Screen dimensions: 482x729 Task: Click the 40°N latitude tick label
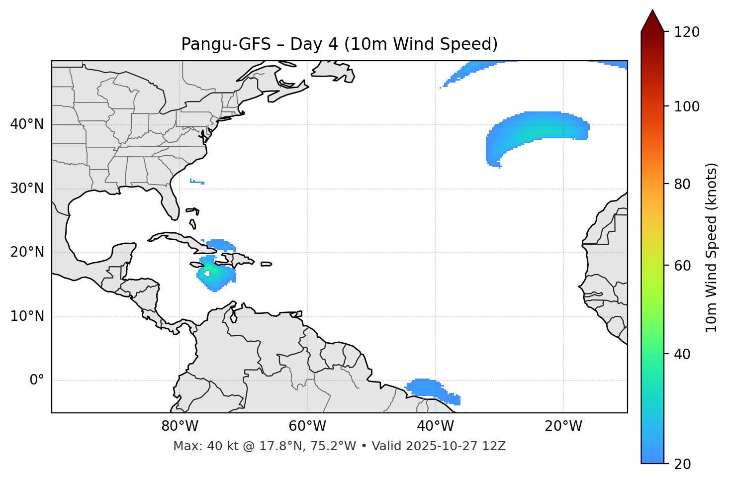coord(27,124)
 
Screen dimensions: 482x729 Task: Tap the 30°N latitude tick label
coord(27,189)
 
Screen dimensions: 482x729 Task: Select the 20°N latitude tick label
coord(27,252)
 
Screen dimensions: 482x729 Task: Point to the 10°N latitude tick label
coord(27,316)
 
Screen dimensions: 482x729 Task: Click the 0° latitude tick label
coord(37,381)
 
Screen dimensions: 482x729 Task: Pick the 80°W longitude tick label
coord(180,426)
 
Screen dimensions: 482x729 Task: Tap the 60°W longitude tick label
coord(307,426)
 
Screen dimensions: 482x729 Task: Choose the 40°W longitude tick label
coord(436,426)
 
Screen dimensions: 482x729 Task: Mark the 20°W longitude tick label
coord(563,426)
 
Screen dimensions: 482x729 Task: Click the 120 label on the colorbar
coord(687,32)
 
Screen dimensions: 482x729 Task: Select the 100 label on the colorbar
coord(687,106)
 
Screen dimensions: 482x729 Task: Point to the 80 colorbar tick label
coord(682,184)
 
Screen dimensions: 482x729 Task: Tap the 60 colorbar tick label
coord(682,266)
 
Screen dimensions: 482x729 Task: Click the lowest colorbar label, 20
coord(682,464)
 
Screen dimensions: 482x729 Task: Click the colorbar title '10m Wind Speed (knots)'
coord(712,247)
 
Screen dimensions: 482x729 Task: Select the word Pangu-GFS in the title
coord(226,44)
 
